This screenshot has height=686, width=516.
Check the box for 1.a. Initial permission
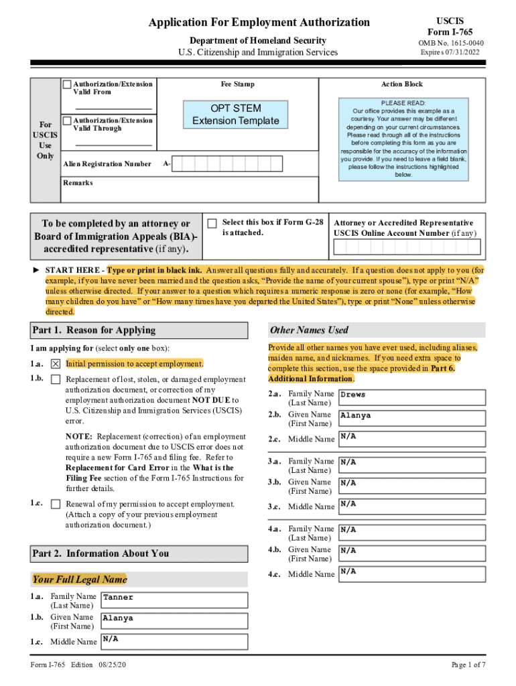(56, 364)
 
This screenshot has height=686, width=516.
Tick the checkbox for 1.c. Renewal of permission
(56, 504)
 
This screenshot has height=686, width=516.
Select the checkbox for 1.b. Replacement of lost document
(56, 380)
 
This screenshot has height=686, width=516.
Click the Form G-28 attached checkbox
(212, 223)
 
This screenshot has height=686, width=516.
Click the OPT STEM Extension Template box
(235, 115)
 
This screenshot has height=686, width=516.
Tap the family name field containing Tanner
(174, 600)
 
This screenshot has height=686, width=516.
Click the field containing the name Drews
(412, 397)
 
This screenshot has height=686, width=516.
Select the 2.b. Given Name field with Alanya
(412, 419)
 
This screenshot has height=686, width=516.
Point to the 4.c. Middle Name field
(412, 574)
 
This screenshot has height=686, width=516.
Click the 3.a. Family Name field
(412, 465)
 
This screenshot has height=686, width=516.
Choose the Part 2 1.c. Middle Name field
(174, 642)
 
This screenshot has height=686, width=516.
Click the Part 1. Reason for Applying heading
(93, 330)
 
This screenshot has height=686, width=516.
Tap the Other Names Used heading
(309, 330)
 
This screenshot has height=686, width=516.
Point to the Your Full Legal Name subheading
(78, 579)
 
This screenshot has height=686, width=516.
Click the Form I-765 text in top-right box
(450, 32)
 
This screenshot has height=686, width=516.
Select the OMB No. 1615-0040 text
(450, 44)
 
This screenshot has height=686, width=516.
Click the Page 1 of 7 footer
(468, 665)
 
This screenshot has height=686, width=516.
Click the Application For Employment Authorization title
(259, 22)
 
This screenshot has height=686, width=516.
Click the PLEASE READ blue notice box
(403, 139)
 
